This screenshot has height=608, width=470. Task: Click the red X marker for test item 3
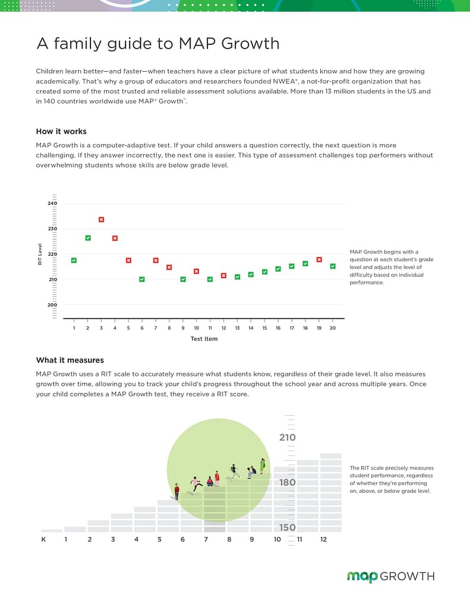click(x=101, y=220)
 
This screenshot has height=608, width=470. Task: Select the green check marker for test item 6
click(x=142, y=279)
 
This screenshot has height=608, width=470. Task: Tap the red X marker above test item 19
click(x=319, y=259)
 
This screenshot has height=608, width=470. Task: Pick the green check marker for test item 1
click(x=74, y=260)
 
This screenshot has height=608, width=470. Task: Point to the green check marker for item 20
click(x=333, y=266)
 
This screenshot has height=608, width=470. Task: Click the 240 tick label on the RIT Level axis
click(x=53, y=204)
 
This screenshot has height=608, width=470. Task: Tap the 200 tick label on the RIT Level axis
click(x=53, y=305)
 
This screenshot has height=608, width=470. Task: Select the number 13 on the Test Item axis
click(x=237, y=328)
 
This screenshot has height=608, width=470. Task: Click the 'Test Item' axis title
click(x=204, y=339)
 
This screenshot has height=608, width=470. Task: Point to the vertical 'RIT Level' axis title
click(x=40, y=254)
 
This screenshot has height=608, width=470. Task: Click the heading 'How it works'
click(x=61, y=131)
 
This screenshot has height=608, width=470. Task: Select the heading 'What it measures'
click(x=70, y=360)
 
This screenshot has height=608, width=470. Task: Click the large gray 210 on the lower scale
click(x=288, y=438)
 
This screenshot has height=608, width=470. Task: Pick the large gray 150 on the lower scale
click(x=288, y=527)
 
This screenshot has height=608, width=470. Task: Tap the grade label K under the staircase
click(x=43, y=539)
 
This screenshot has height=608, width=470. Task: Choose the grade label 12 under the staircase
click(x=323, y=539)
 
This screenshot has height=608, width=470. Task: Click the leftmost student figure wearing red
click(x=177, y=491)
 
